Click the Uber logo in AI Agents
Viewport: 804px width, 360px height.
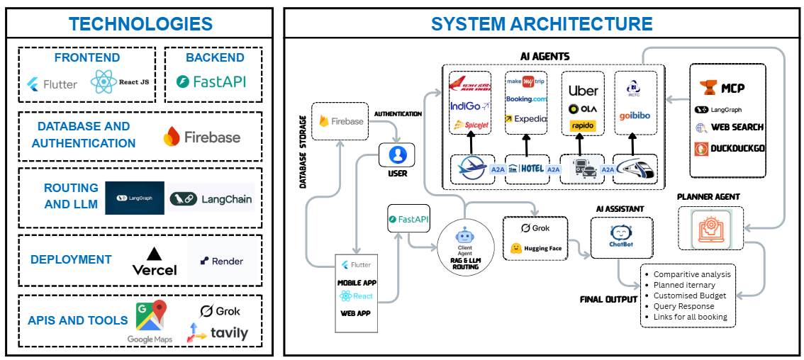(583, 90)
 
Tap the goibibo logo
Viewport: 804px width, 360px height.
(635, 116)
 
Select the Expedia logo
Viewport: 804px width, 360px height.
(526, 119)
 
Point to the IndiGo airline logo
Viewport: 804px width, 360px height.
(470, 106)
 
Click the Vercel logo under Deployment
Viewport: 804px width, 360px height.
(155, 261)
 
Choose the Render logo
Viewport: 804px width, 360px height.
(221, 261)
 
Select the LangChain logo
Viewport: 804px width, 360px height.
(211, 199)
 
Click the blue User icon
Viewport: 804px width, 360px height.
(397, 154)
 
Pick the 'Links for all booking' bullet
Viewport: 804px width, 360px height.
(690, 317)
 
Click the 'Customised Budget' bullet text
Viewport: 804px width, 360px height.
(690, 295)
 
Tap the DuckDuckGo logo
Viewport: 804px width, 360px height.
(729, 149)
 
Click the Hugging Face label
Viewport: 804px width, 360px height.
(536, 249)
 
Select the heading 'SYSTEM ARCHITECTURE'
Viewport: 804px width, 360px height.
(542, 23)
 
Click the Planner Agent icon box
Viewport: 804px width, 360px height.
(710, 227)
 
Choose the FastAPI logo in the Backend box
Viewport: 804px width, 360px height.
(211, 81)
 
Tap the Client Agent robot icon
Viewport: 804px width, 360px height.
(464, 236)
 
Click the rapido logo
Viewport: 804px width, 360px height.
(583, 125)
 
